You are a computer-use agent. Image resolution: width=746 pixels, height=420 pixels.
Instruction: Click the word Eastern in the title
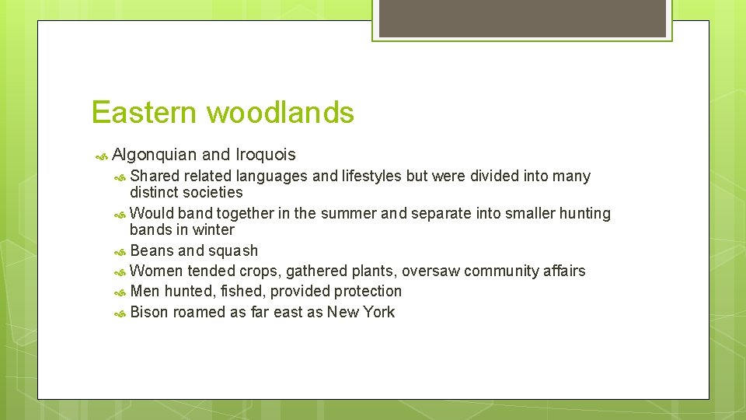145,113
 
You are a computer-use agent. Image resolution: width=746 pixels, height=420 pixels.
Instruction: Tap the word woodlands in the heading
281,113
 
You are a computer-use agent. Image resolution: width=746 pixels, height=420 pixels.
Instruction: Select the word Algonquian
155,156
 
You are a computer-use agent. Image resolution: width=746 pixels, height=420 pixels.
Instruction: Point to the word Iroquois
265,156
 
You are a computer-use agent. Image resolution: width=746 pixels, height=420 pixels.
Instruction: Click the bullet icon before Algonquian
101,156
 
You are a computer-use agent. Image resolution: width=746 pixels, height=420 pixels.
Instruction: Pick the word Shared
155,177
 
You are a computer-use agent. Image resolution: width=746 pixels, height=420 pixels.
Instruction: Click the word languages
272,177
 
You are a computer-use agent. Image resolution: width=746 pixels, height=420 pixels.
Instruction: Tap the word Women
156,271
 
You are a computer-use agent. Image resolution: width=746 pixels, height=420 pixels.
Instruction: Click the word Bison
149,312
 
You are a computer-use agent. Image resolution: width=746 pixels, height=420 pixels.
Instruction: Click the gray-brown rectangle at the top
521,19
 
